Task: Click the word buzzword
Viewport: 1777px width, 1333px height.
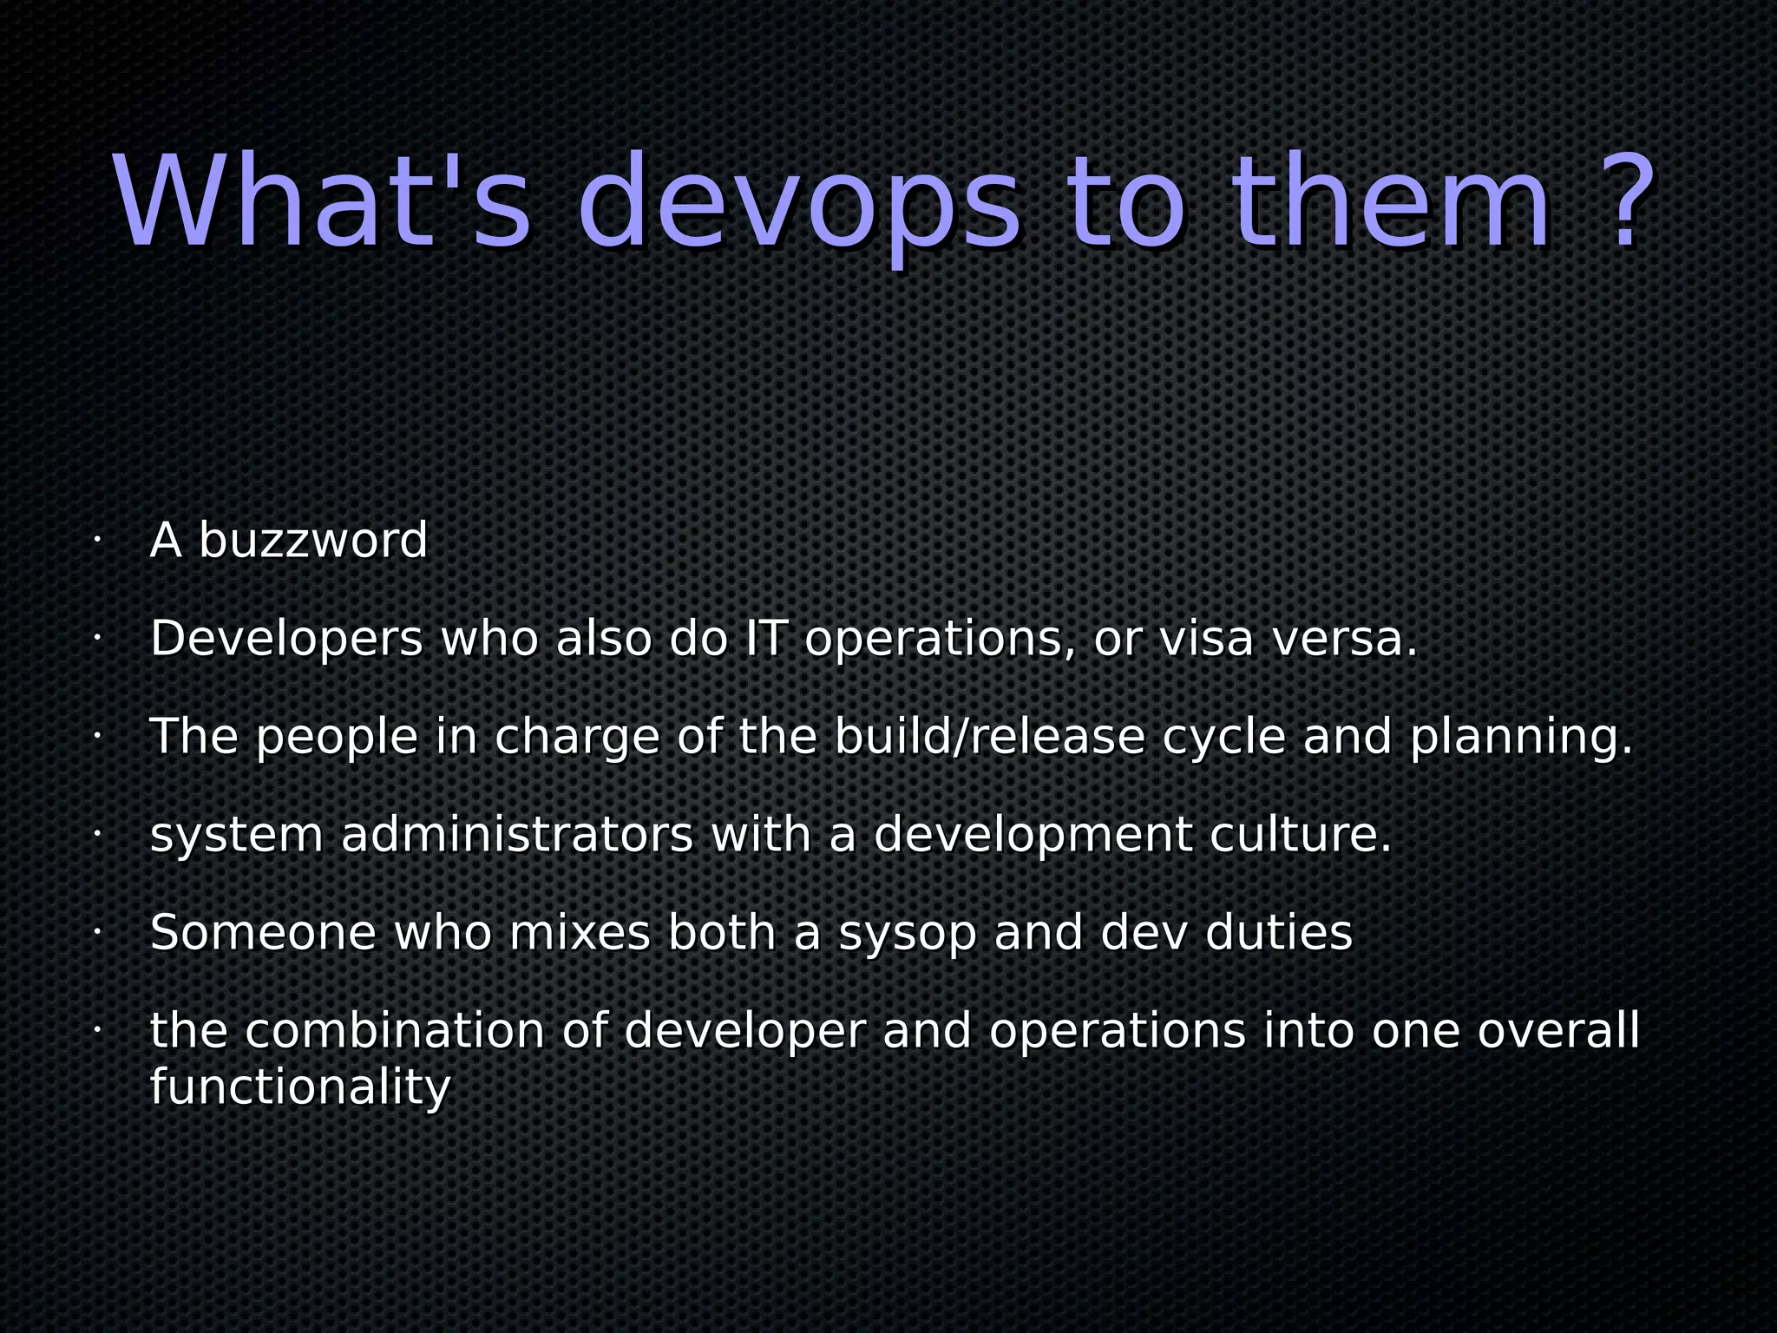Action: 313,541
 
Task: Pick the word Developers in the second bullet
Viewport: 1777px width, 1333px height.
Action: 286,640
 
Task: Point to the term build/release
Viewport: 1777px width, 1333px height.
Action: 990,737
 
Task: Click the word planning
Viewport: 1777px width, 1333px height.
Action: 1521,739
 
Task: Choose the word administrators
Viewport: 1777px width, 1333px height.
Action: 517,835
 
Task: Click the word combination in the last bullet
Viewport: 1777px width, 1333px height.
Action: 395,1031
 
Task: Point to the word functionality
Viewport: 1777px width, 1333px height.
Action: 300,1087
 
